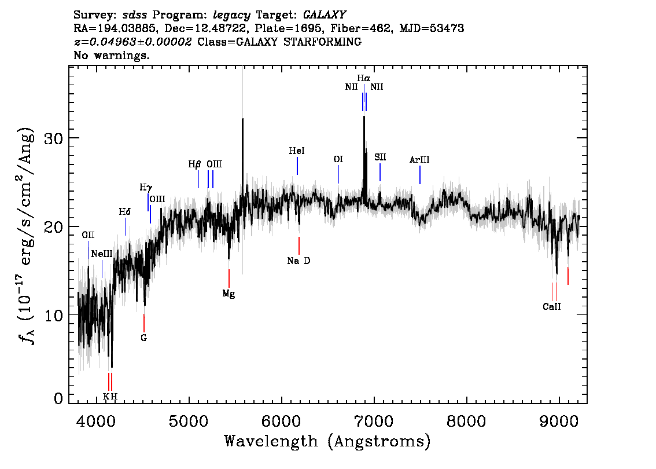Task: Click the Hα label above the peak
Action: point(363,78)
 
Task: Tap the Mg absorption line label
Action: point(229,294)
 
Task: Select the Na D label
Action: point(298,261)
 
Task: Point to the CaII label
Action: point(551,306)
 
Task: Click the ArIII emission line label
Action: point(419,160)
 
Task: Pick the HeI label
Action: point(297,151)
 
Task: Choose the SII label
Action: point(380,157)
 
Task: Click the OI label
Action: point(338,159)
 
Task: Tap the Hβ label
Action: point(194,164)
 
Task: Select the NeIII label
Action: point(102,254)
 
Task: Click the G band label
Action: point(144,338)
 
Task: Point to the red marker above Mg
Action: point(229,278)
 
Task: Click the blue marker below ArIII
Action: point(420,175)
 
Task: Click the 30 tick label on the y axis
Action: point(54,138)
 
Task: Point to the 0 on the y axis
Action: point(58,398)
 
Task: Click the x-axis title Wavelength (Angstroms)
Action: point(327,441)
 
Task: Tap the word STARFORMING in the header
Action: point(322,42)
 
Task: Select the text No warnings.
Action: point(111,55)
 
